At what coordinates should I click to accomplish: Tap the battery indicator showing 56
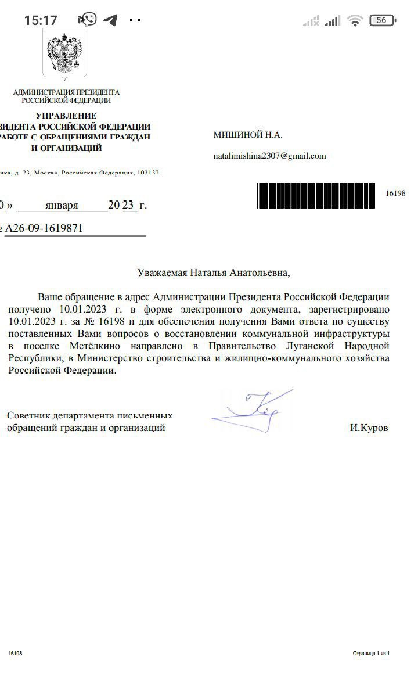pos(381,20)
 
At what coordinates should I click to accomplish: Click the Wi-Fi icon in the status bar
pos(355,21)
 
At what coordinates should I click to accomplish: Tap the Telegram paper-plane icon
pos(110,20)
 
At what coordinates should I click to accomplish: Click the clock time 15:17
pos(41,20)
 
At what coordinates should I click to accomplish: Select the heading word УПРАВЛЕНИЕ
pos(66,116)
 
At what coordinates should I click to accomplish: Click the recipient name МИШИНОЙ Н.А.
pos(248,135)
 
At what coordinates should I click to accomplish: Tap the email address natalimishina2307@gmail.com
pos(269,156)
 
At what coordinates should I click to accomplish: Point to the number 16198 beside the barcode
pos(395,193)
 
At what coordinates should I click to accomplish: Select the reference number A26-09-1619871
pos(44,228)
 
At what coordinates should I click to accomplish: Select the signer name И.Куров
pos(369,428)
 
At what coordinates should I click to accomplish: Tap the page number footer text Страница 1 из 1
pos(371,654)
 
